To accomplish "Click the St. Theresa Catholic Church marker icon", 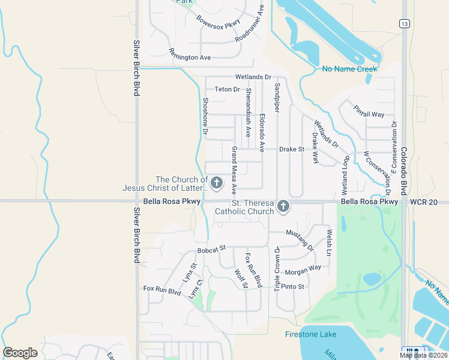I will (283, 207).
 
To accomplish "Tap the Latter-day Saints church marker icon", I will (216, 182).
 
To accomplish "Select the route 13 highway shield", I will (406, 23).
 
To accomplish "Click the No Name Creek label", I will (349, 69).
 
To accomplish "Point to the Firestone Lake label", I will (310, 334).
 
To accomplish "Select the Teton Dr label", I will (227, 89).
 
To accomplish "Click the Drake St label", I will (293, 149).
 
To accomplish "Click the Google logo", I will (20, 353).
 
